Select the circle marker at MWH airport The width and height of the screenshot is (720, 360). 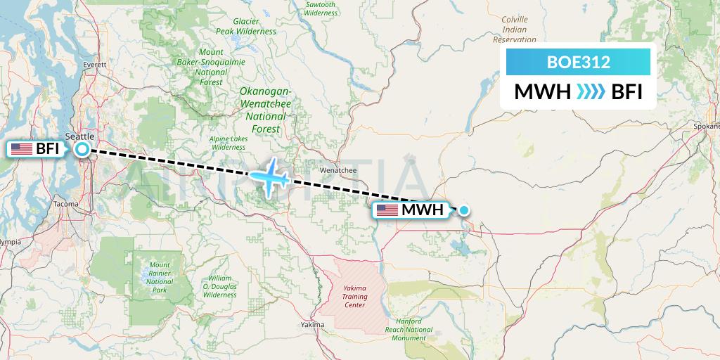[x=464, y=210]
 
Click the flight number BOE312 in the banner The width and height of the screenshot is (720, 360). [x=578, y=62]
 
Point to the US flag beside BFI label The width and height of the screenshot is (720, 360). [x=22, y=149]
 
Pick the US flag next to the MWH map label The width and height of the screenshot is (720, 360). [x=387, y=210]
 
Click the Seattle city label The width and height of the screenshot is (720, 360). [x=79, y=136]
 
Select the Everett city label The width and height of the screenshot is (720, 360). [x=94, y=64]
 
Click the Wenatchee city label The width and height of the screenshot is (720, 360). [x=337, y=170]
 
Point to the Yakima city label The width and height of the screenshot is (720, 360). [x=312, y=325]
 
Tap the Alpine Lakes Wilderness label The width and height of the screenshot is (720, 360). [x=228, y=143]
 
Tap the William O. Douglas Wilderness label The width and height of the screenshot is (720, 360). [x=220, y=287]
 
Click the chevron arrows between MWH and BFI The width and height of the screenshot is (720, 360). [x=590, y=92]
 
